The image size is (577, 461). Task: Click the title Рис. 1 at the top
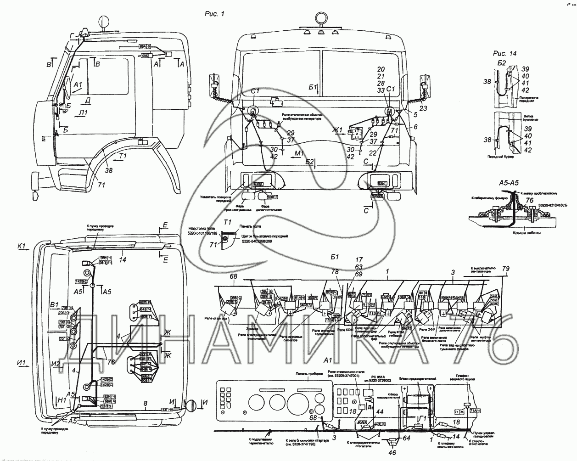[214, 14]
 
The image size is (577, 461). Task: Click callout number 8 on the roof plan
[146, 404]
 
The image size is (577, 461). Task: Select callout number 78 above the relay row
[335, 272]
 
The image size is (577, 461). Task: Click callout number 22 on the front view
[372, 153]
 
